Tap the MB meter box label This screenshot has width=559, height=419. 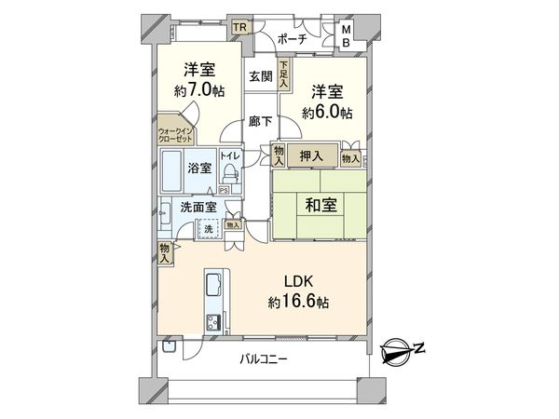(346, 34)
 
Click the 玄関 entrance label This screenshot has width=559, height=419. (260, 77)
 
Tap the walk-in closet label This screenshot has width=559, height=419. (173, 133)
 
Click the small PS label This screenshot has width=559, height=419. (223, 192)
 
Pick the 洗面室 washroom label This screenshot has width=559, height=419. (198, 208)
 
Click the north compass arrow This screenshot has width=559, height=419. (402, 349)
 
